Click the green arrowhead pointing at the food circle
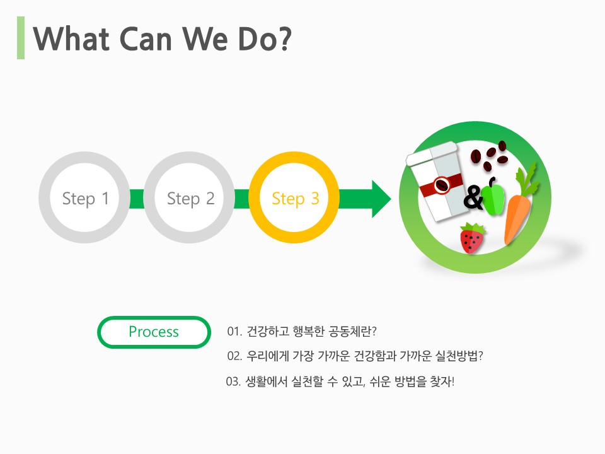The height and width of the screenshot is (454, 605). tap(381, 199)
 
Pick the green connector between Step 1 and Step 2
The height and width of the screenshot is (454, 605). tap(137, 199)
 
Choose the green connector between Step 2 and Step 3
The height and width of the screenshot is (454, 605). tap(241, 199)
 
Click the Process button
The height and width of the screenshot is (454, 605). tap(154, 332)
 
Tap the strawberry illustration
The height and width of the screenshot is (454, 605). tap(472, 238)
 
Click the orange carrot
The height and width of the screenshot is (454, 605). tap(517, 218)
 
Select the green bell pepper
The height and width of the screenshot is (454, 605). tap(493, 197)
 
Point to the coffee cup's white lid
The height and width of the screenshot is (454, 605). tap(431, 153)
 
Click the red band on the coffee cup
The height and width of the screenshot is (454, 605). tap(441, 185)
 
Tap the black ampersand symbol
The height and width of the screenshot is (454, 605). tap(473, 197)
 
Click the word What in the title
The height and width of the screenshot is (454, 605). tap(72, 39)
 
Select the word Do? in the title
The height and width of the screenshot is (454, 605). tap(265, 39)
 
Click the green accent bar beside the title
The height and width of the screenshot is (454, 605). tap(21, 38)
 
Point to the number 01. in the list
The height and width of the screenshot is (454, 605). tap(234, 332)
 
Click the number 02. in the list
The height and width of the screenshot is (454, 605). tap(234, 356)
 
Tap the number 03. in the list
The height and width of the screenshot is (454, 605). tap(233, 382)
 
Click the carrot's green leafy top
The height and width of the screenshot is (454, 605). tap(527, 180)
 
